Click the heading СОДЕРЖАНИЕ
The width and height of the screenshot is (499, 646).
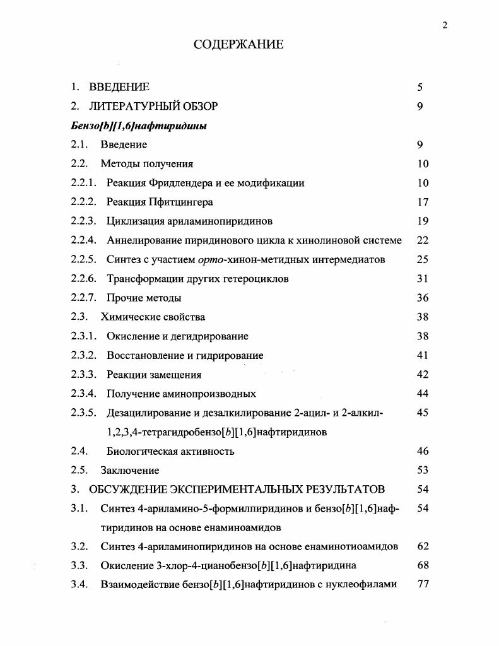coord(238,45)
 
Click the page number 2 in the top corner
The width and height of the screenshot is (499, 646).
coord(445,25)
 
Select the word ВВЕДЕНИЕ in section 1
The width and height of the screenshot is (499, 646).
coord(119,87)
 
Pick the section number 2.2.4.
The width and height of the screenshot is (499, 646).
coord(83,240)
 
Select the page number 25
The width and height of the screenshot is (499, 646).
coord(423,259)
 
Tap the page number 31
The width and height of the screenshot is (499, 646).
coord(423,278)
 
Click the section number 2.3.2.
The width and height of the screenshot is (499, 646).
coord(83,355)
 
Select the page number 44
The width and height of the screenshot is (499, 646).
coord(423,394)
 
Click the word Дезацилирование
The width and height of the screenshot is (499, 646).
coord(149,413)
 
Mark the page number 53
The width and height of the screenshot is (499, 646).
coord(423,470)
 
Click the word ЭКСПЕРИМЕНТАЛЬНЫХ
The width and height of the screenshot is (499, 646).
coord(235,490)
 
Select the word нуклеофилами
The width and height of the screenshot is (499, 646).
coord(358,584)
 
